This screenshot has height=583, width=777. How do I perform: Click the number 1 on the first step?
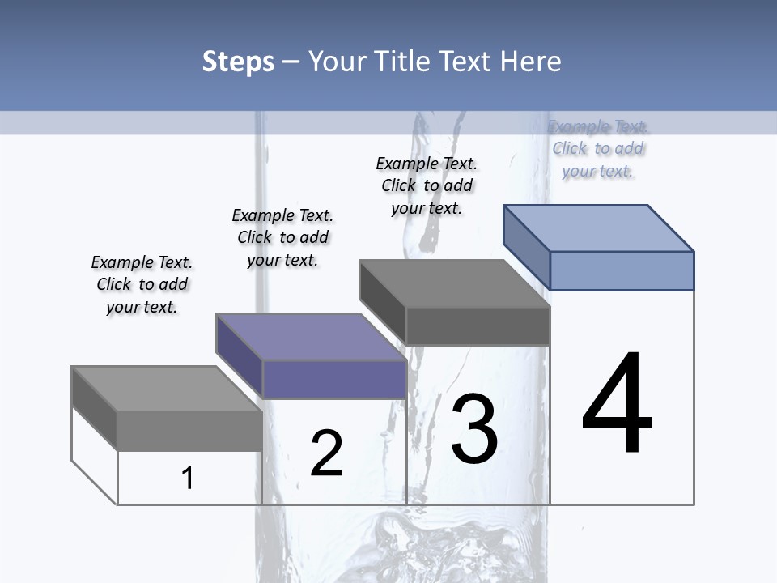click(x=187, y=478)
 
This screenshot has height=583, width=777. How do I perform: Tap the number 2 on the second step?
click(x=326, y=453)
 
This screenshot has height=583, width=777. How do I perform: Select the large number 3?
click(x=474, y=429)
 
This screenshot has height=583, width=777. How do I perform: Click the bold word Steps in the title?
click(x=238, y=62)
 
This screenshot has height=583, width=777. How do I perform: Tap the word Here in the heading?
click(x=531, y=62)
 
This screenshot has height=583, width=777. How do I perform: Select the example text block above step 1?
click(x=142, y=284)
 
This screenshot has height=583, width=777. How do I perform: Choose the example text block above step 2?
click(x=282, y=237)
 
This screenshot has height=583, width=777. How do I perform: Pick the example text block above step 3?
click(x=427, y=185)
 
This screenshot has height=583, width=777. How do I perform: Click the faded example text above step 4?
click(x=598, y=148)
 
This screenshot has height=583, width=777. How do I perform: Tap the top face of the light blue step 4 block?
click(x=598, y=228)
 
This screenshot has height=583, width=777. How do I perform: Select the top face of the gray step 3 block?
click(x=454, y=283)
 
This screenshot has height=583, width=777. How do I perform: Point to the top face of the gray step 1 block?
click(x=166, y=389)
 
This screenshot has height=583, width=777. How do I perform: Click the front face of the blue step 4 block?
click(x=622, y=270)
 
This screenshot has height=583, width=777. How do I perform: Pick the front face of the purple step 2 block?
click(x=334, y=379)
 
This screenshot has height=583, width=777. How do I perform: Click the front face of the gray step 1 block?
click(x=189, y=431)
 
